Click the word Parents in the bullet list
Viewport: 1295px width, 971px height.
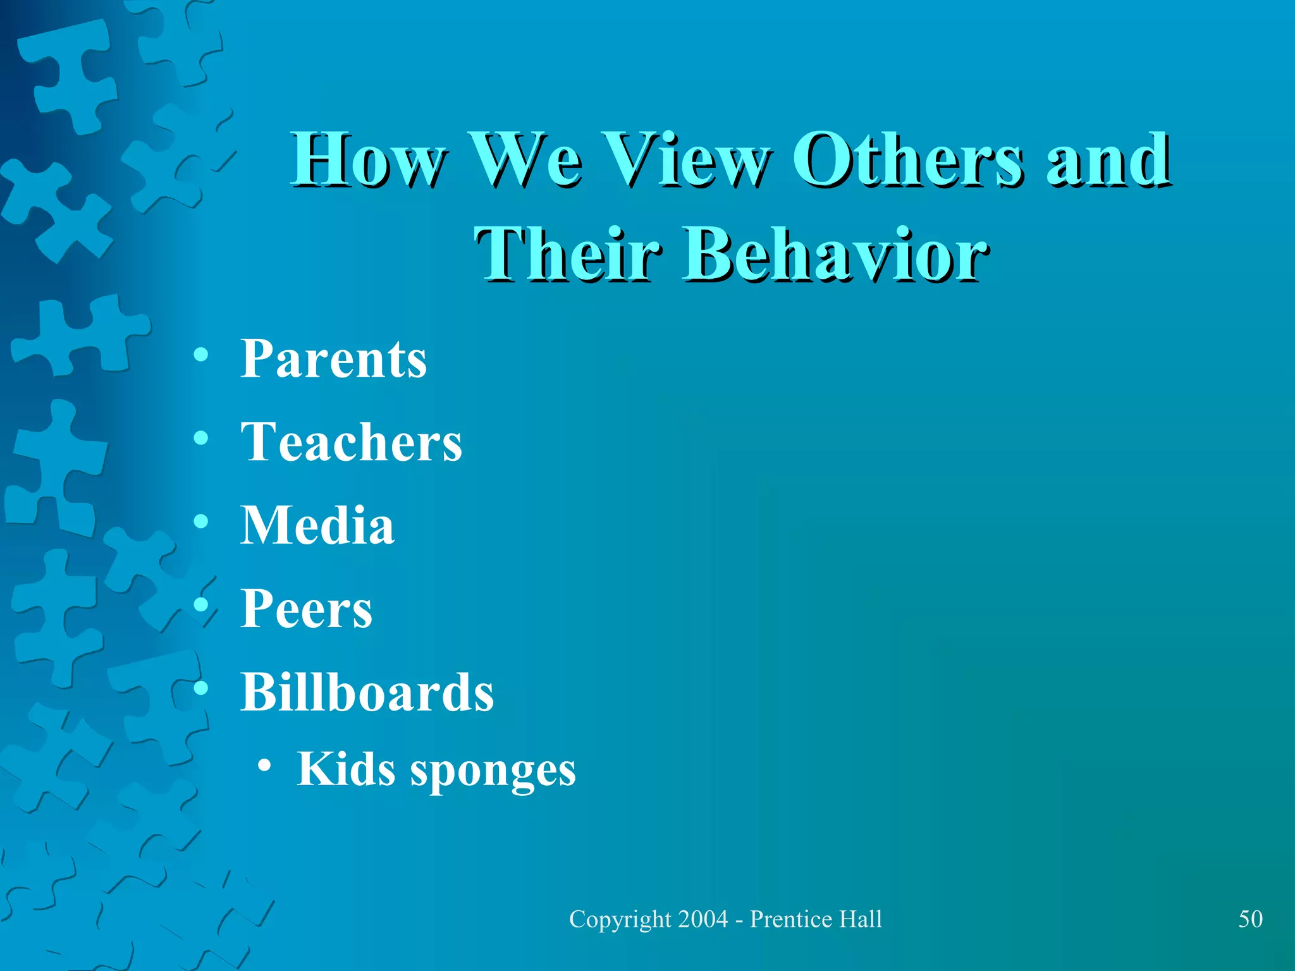(333, 359)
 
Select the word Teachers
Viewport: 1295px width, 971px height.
(351, 443)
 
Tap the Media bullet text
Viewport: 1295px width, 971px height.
(317, 525)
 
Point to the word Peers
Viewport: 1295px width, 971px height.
(306, 609)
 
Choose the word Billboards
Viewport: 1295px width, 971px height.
(367, 692)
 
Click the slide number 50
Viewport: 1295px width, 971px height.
(1250, 919)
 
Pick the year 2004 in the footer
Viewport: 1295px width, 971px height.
(703, 919)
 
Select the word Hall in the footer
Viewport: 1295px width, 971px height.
(861, 919)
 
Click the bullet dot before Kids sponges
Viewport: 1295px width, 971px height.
(265, 766)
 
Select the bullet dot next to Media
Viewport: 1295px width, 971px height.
(201, 522)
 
